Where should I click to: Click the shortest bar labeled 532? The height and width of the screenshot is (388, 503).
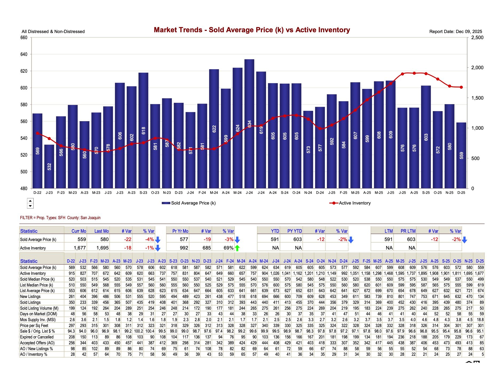pyautogui.click(x=49, y=166)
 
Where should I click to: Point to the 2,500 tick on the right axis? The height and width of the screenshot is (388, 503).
pyautogui.click(x=477, y=38)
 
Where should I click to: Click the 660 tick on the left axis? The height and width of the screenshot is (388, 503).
pyautogui.click(x=24, y=38)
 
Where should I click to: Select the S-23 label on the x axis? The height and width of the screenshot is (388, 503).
pyautogui.click(x=143, y=193)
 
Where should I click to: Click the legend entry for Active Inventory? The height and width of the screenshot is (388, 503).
pyautogui.click(x=354, y=203)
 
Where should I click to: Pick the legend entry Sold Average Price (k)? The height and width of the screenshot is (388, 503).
pyautogui.click(x=193, y=203)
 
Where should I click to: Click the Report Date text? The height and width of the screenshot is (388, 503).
pyautogui.click(x=456, y=31)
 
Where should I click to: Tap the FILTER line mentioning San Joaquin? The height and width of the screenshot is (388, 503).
pyautogui.click(x=60, y=218)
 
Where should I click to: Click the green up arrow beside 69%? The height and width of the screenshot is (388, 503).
pyautogui.click(x=237, y=248)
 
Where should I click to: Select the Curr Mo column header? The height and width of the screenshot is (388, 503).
pyautogui.click(x=79, y=231)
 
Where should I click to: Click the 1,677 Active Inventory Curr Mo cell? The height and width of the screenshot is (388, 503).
pyautogui.click(x=80, y=248)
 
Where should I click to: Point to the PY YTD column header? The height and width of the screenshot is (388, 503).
pyautogui.click(x=294, y=231)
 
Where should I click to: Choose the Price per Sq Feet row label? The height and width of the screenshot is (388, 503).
pyautogui.click(x=34, y=325)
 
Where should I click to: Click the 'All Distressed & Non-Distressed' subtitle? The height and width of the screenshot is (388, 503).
pyautogui.click(x=53, y=31)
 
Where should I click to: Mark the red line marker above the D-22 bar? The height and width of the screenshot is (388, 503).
pyautogui.click(x=37, y=133)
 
